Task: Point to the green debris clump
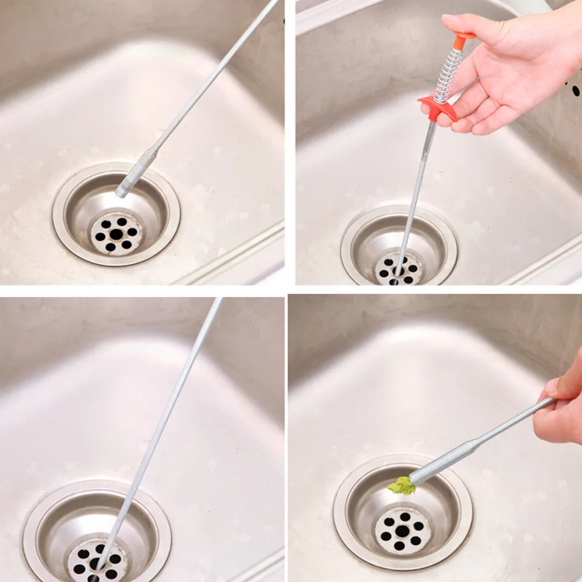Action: [x=402, y=485]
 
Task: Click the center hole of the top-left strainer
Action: [x=116, y=234]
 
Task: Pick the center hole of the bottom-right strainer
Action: [x=402, y=531]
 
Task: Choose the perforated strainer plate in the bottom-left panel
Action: [x=97, y=562]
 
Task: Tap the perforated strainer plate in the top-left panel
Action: [x=116, y=234]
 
